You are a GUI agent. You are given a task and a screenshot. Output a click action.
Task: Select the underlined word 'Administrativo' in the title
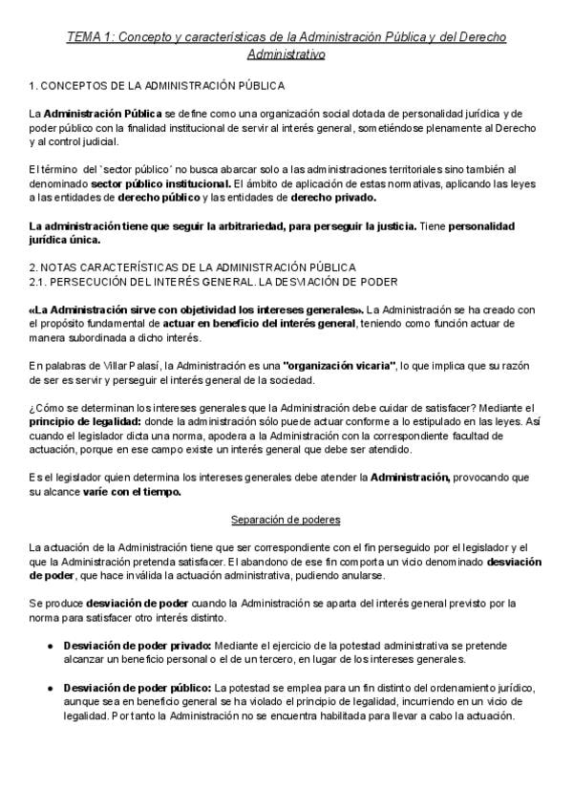286,54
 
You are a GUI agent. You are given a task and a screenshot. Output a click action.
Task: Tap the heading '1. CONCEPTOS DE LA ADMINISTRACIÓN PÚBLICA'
157,86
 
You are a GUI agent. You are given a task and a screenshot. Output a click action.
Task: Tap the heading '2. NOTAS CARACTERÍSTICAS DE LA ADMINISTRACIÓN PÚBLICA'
193,267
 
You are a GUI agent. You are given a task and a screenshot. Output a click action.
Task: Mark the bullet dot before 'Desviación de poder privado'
51,646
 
